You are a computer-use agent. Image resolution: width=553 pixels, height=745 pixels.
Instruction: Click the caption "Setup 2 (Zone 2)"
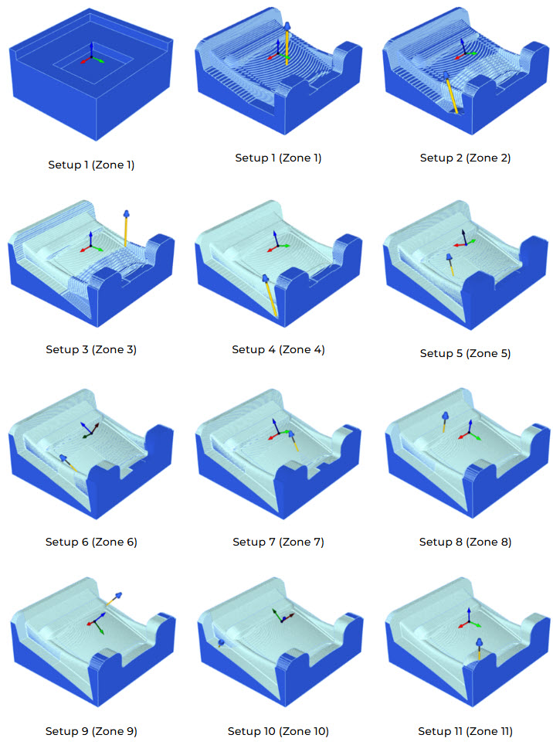(x=465, y=158)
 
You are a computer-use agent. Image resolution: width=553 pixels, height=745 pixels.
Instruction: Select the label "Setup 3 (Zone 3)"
(x=91, y=349)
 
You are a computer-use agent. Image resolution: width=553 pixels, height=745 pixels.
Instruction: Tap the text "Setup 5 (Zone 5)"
(x=465, y=353)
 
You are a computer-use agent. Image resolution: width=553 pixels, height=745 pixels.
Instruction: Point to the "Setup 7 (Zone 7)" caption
(x=278, y=542)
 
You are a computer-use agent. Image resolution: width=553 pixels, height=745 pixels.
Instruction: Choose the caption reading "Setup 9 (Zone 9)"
(x=91, y=731)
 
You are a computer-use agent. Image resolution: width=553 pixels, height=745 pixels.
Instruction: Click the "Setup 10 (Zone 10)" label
(x=278, y=731)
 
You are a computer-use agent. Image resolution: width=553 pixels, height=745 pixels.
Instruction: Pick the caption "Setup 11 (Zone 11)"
(x=465, y=731)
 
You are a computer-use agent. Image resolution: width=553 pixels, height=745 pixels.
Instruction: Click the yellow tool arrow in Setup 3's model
(x=126, y=228)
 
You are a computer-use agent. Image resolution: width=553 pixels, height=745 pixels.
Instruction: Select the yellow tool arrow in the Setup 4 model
(x=270, y=295)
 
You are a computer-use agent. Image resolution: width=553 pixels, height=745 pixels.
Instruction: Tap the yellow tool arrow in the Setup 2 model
(x=451, y=93)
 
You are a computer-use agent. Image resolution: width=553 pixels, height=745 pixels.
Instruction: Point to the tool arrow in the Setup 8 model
(x=445, y=422)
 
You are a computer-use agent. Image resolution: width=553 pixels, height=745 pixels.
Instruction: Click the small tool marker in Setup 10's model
(x=221, y=643)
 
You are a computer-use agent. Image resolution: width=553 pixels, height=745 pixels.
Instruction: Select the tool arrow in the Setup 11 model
(x=480, y=649)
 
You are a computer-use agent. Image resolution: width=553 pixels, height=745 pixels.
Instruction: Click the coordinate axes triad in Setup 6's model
(x=90, y=430)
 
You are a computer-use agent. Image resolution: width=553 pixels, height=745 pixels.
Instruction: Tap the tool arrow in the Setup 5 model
(x=450, y=264)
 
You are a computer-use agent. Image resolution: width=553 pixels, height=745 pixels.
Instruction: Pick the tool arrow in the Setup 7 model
(x=293, y=441)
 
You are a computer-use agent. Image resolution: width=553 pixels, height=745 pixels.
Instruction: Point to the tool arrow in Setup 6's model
(x=68, y=463)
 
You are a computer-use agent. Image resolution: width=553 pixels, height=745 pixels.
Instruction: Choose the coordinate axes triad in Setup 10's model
(x=283, y=615)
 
